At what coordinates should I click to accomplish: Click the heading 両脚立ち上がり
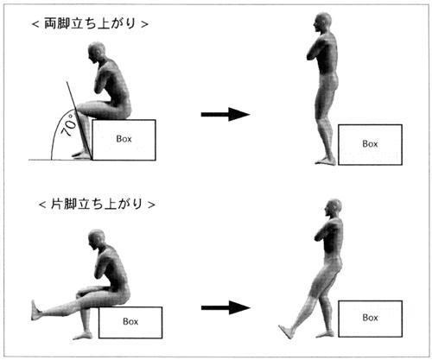tap(90, 23)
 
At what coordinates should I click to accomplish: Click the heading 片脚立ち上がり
tap(97, 204)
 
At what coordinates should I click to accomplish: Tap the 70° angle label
tap(69, 125)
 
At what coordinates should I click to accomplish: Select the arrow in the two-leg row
tap(226, 114)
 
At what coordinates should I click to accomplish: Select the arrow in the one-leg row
tap(226, 307)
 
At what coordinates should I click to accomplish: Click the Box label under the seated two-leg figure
tap(124, 139)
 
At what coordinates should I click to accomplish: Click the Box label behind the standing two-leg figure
tap(370, 143)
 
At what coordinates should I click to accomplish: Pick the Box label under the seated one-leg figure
tap(130, 321)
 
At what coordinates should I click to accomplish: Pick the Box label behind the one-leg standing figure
tap(370, 318)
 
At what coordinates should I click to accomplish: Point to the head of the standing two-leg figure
tap(322, 22)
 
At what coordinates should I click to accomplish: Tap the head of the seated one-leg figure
tap(97, 239)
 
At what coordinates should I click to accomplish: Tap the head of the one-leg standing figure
tap(334, 208)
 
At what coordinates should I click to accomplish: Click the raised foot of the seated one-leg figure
tap(35, 310)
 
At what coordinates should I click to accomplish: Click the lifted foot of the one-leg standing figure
tap(286, 332)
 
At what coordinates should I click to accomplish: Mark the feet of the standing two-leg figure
tap(326, 161)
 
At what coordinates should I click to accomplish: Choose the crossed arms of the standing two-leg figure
tap(314, 51)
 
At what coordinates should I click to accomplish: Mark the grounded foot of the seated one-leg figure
tap(83, 336)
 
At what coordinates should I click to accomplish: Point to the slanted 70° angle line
tap(79, 121)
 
